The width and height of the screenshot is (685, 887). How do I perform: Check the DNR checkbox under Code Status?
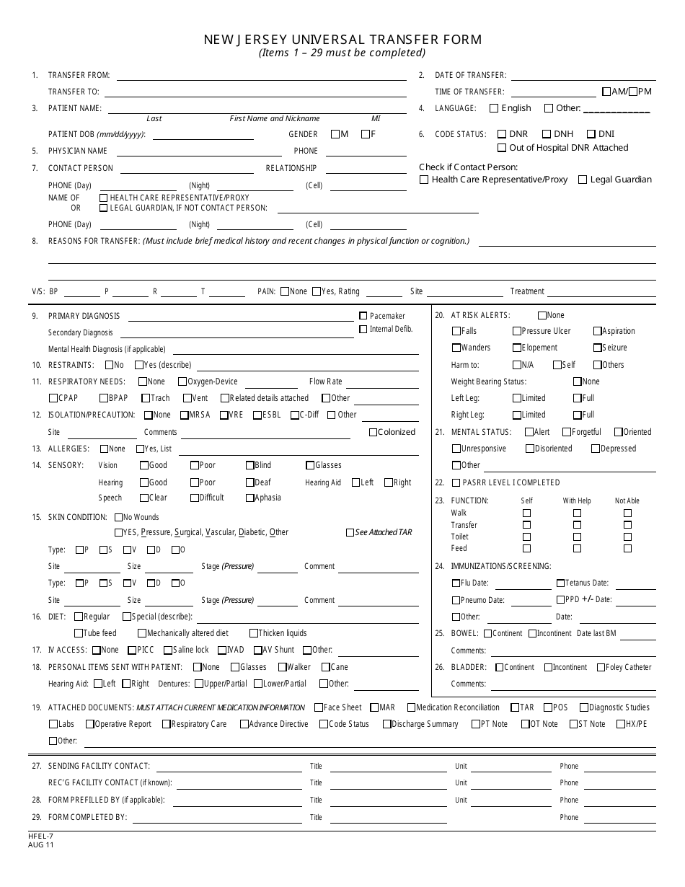(502, 134)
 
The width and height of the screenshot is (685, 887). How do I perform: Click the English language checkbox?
(494, 109)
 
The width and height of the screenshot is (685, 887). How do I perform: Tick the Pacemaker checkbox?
(363, 316)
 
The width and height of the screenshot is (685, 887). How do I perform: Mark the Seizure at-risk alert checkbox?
(598, 348)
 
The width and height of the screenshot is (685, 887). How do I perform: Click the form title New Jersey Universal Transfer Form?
(342, 40)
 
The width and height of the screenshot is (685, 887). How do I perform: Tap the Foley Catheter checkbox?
(601, 668)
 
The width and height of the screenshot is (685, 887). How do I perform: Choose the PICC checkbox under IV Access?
(131, 650)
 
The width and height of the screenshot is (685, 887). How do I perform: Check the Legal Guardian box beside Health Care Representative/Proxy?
(583, 180)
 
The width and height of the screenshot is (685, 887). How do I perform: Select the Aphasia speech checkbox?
(249, 498)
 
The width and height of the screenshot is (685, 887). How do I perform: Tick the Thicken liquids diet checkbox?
(254, 634)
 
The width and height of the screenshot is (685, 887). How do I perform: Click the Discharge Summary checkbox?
(387, 724)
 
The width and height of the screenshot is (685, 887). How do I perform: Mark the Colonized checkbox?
(373, 433)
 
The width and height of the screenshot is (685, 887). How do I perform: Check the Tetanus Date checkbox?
(560, 583)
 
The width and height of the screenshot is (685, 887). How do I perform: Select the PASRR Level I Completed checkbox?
(456, 483)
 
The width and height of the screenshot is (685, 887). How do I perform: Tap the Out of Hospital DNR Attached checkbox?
(502, 149)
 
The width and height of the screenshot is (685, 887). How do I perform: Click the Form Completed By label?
(87, 817)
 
